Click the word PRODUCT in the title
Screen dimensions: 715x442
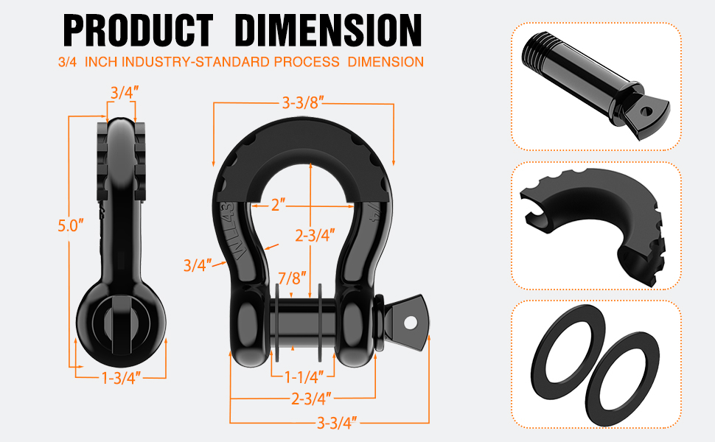click(138, 30)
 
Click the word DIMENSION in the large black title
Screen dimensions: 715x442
click(329, 30)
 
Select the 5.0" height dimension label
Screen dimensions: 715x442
click(71, 225)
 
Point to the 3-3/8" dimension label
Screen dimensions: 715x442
click(303, 103)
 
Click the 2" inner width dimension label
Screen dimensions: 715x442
click(278, 205)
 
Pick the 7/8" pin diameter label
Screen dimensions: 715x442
click(292, 278)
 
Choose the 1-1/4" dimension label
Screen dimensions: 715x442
click(304, 377)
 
